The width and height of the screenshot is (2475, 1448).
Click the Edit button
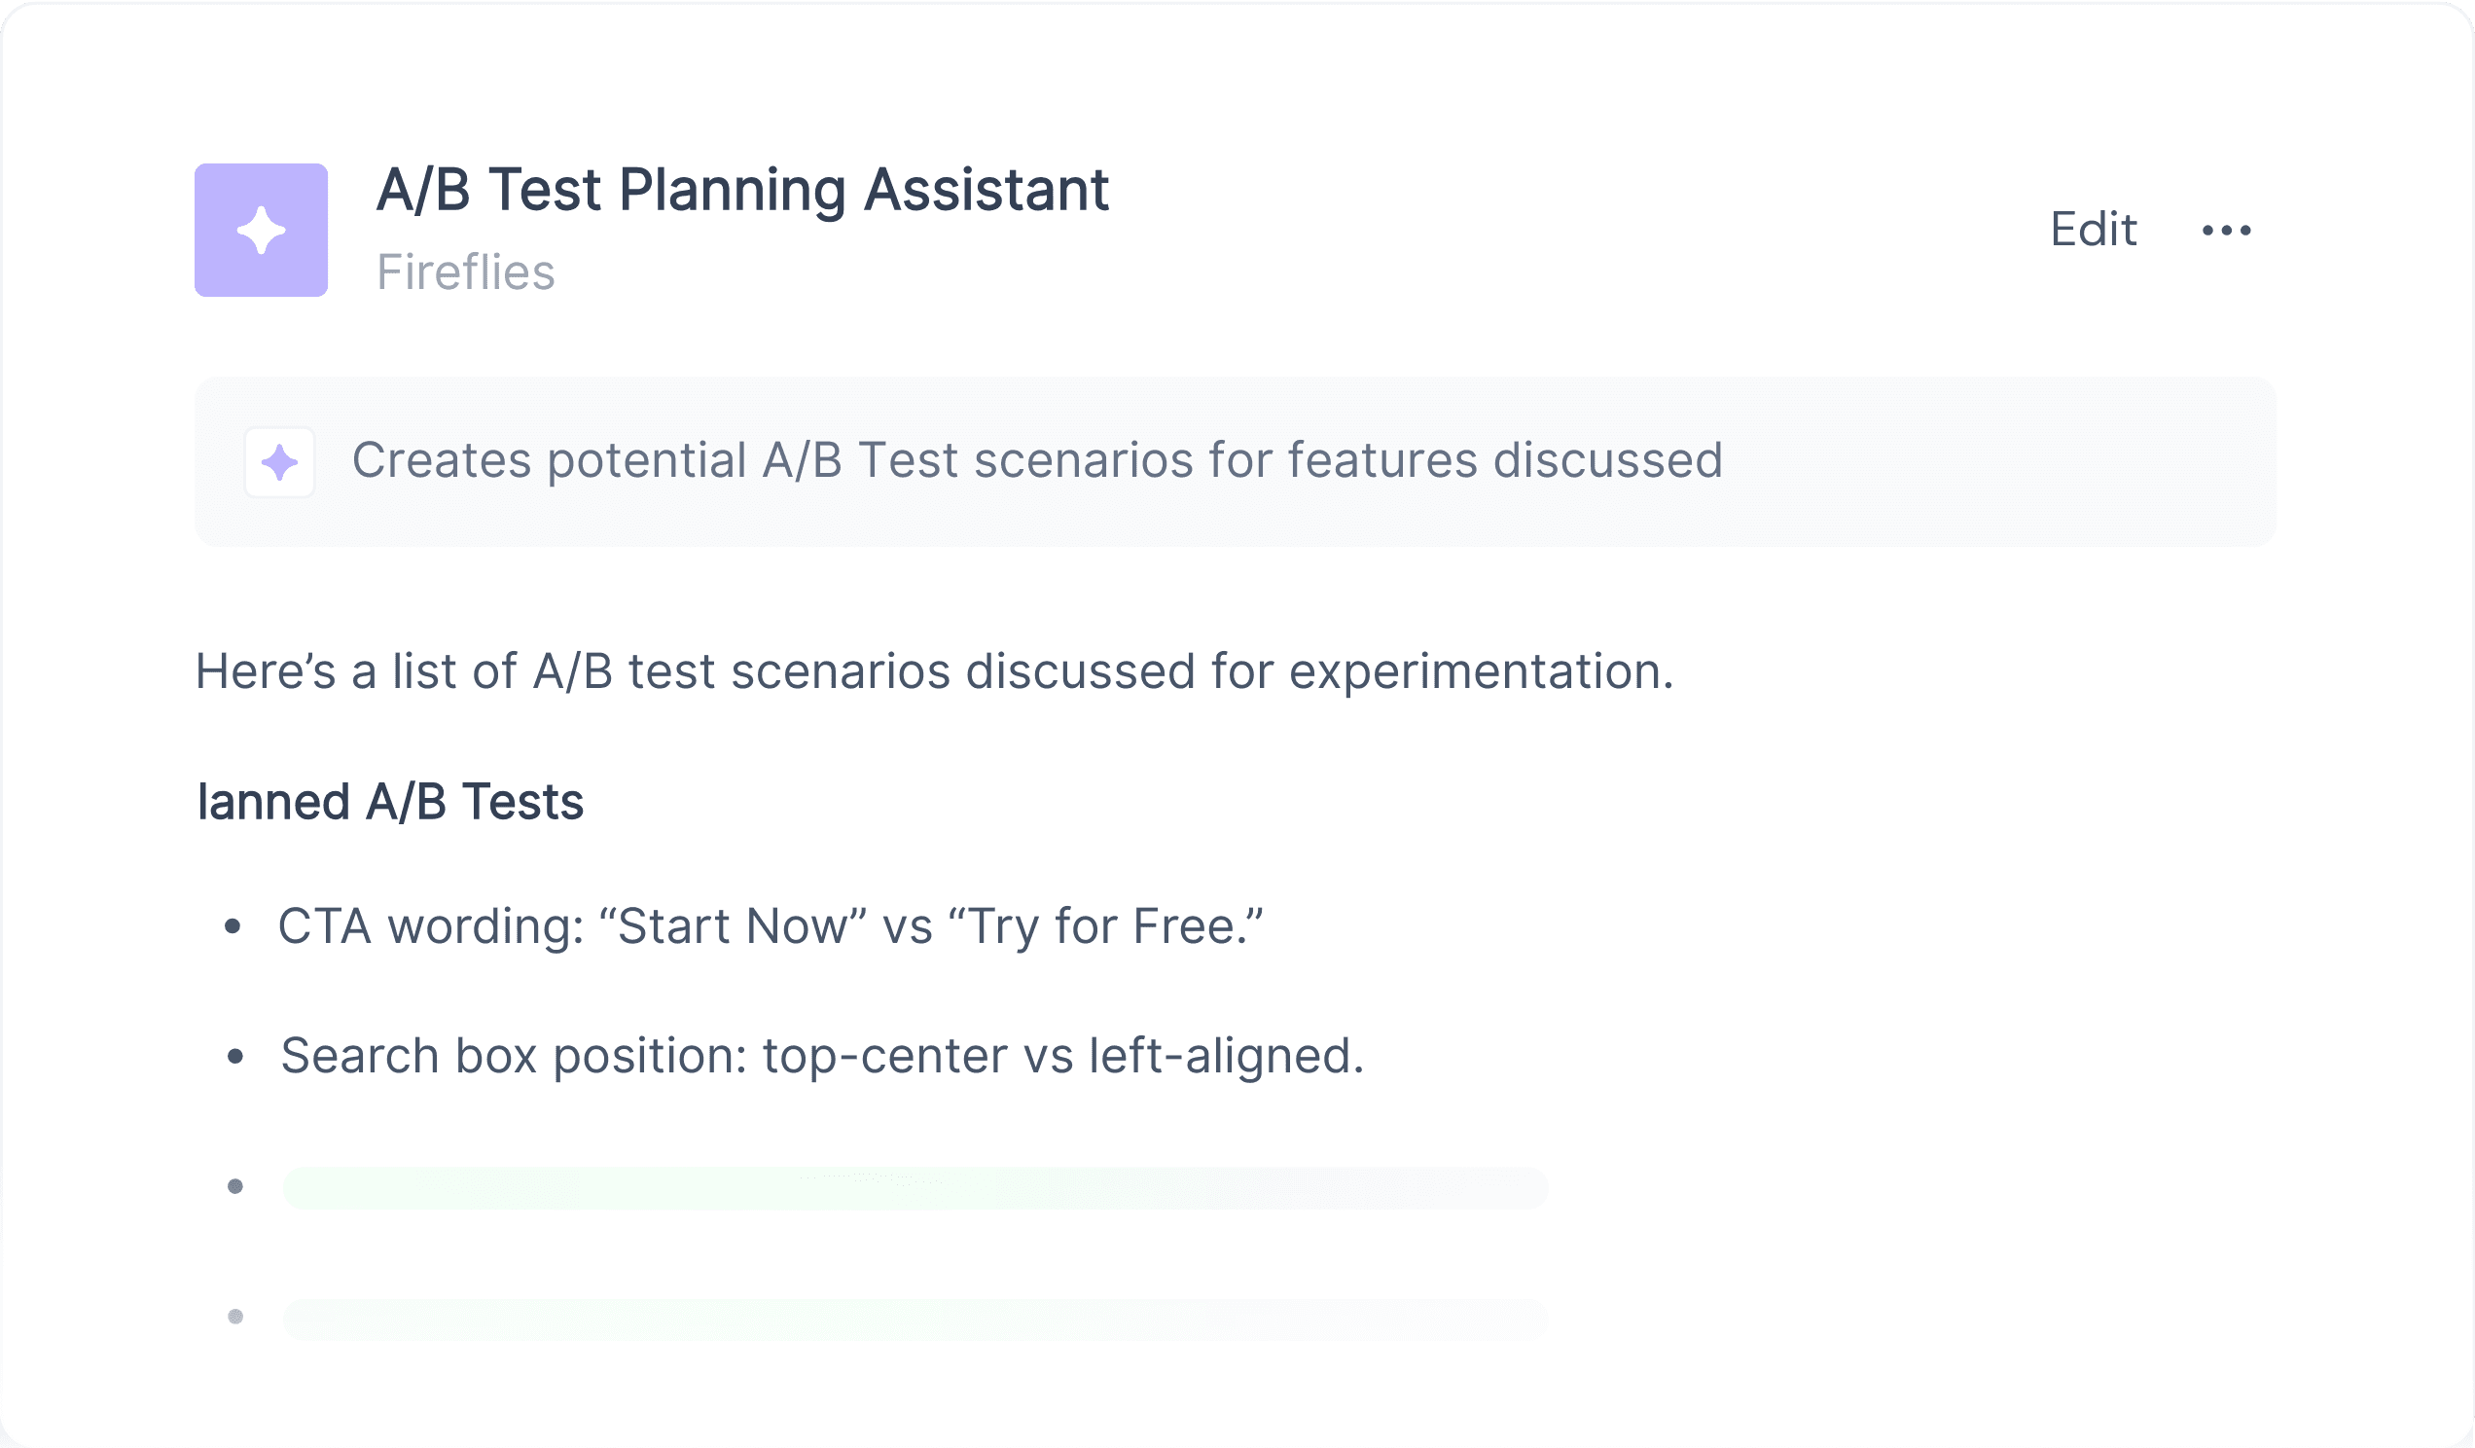[x=2093, y=230]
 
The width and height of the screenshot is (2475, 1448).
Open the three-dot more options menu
[x=2227, y=231]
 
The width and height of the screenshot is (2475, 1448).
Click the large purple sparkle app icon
[x=262, y=230]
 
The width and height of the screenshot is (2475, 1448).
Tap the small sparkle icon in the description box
[x=280, y=461]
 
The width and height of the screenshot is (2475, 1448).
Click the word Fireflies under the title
[x=466, y=272]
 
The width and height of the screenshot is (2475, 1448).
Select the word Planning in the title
[x=732, y=191]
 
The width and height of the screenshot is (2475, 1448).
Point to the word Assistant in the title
[x=986, y=190]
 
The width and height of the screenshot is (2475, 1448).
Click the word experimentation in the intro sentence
[x=1481, y=671]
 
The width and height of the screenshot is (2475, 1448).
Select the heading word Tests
[x=522, y=802]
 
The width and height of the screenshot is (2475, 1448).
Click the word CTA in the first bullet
[x=324, y=926]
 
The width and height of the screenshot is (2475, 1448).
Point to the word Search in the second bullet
[x=359, y=1056]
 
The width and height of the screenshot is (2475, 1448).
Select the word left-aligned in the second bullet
[x=1227, y=1056]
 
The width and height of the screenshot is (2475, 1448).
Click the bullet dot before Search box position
[x=235, y=1057]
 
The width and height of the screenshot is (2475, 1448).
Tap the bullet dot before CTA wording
[x=233, y=925]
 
